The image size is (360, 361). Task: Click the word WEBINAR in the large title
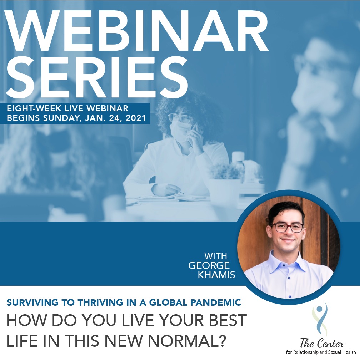click(x=136, y=30)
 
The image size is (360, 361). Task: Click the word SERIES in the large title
click(x=97, y=76)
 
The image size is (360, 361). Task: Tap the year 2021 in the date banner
click(x=136, y=118)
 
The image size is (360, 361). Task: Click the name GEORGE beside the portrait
click(x=209, y=265)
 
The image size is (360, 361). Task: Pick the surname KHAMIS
click(x=216, y=275)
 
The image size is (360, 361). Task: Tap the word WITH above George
click(x=215, y=256)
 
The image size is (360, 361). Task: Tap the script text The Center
click(x=322, y=344)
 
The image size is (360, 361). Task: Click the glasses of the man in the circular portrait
click(x=287, y=228)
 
